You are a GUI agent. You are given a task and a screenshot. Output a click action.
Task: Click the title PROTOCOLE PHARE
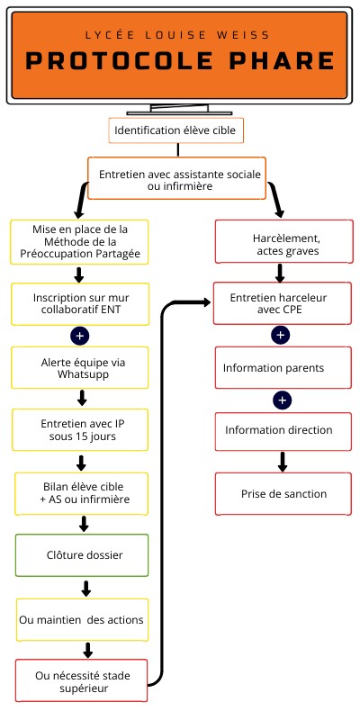180,60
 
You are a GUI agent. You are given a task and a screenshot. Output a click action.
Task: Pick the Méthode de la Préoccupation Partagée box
80,242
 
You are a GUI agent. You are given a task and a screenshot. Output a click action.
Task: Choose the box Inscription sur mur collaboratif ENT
80,303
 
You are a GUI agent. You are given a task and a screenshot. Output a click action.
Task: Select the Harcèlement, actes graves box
280,242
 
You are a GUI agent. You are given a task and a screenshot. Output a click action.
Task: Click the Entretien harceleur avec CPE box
280,302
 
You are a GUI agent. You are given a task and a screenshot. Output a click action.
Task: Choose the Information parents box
280,367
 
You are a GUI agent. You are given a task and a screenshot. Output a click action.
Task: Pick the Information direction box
280,429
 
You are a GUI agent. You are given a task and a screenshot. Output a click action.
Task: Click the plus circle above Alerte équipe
80,335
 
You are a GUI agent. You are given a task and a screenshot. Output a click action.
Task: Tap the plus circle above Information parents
281,335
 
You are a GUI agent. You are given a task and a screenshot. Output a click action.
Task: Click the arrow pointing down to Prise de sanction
282,461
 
